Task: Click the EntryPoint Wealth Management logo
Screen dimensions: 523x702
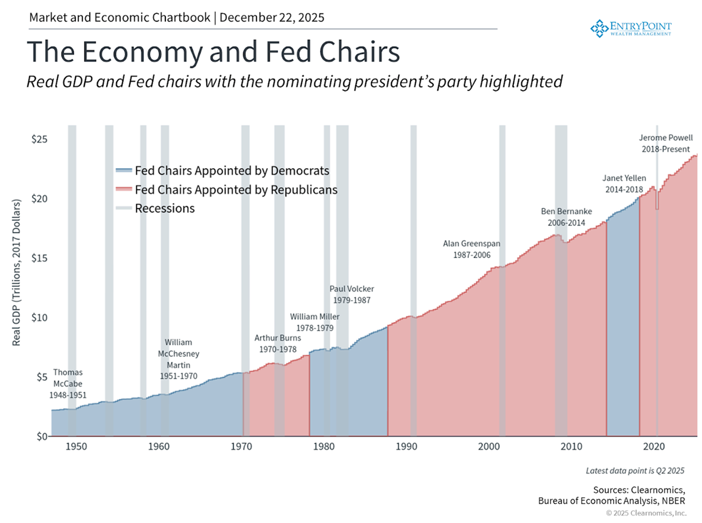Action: click(x=631, y=28)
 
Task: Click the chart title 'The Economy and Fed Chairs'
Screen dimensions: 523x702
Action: click(x=213, y=52)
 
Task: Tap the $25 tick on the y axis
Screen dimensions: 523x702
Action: click(x=39, y=140)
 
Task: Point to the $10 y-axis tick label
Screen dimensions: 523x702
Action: click(x=39, y=318)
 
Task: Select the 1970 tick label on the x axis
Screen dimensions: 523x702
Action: click(x=241, y=447)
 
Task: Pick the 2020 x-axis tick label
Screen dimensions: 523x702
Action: click(x=654, y=447)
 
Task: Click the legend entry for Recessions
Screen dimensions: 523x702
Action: click(x=164, y=208)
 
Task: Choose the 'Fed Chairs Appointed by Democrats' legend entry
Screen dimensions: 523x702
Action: click(x=232, y=171)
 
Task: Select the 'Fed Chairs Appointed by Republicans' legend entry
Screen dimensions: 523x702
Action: click(x=236, y=190)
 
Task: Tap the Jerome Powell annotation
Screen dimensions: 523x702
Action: click(x=665, y=143)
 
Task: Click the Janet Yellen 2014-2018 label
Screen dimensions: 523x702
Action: click(x=624, y=184)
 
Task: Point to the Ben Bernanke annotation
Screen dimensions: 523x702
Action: click(x=566, y=217)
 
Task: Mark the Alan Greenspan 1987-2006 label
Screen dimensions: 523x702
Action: click(x=471, y=249)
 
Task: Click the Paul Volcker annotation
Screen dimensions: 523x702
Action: click(x=352, y=294)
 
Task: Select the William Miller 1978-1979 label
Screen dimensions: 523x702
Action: click(x=314, y=322)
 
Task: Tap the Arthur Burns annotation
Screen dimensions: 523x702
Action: click(x=277, y=344)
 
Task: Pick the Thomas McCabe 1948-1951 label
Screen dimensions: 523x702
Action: click(x=68, y=383)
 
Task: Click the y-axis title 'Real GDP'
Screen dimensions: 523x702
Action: click(x=16, y=273)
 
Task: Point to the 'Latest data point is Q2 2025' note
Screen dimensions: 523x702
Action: click(x=635, y=470)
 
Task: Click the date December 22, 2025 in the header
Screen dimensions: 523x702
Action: click(x=272, y=18)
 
